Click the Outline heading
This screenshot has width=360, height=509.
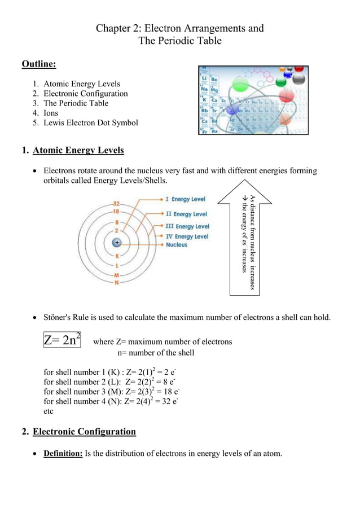pos(38,64)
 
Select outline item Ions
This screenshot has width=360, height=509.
pos(51,113)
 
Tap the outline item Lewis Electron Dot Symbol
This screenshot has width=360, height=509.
pos(90,122)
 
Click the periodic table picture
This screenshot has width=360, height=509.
pos(253,100)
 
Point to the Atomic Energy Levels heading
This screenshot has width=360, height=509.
pos(78,151)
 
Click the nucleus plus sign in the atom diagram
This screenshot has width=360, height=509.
pos(117,242)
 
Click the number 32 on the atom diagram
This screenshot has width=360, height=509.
pos(116,203)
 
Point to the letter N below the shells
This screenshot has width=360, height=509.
pos(117,282)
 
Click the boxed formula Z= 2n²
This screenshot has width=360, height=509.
pos(62,340)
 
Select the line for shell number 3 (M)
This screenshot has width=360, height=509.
pos(111,392)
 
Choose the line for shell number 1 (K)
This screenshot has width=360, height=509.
pos(111,372)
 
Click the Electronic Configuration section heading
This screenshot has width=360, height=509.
pos(84,432)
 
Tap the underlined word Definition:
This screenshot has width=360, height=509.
pos(63,454)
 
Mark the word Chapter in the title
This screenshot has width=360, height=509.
pos(114,28)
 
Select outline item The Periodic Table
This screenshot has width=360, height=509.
pos(76,103)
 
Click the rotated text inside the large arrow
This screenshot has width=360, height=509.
pos(249,242)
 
